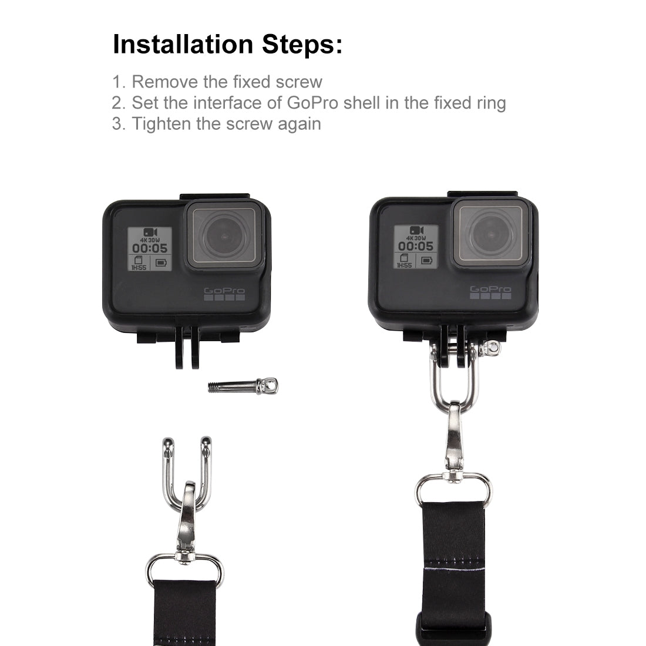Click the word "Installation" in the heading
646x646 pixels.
click(183, 44)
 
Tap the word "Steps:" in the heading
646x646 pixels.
click(302, 44)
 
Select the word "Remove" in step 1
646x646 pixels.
click(165, 82)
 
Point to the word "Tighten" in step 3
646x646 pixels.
click(161, 124)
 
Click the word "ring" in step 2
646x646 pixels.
click(491, 103)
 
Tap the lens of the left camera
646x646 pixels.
click(224, 235)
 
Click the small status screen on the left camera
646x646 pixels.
click(150, 249)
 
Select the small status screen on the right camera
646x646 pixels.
click(416, 247)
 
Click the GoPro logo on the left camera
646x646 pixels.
click(224, 294)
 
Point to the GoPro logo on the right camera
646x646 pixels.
click(490, 292)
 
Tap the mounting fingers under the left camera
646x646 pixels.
click(187, 347)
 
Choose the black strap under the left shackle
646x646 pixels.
click(184, 613)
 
